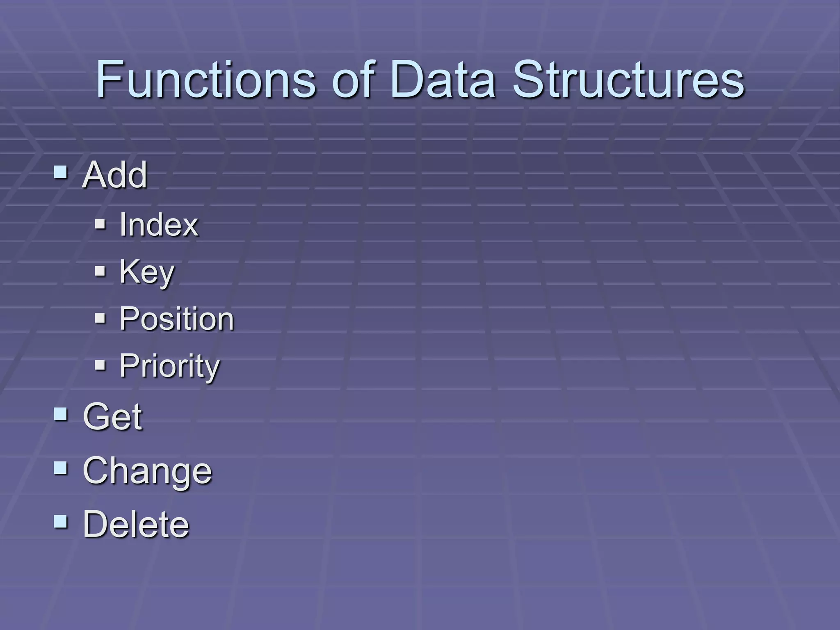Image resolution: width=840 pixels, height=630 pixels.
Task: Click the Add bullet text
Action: pos(114,175)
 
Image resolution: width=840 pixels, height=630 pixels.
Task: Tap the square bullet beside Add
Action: pos(60,172)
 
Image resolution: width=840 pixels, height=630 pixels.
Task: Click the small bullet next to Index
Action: pos(100,224)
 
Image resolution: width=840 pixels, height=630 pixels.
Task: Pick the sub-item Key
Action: pos(147,272)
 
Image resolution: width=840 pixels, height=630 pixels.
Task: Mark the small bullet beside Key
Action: pos(100,271)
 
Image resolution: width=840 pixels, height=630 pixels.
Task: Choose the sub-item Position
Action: pos(176,319)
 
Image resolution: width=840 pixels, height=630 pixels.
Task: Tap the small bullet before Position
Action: pos(100,318)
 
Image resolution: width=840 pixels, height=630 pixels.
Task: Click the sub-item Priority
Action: pos(169,366)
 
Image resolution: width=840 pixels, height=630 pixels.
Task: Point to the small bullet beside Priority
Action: pos(100,365)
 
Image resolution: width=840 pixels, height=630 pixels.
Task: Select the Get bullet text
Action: pos(112,417)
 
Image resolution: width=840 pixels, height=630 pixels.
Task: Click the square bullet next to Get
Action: pos(60,414)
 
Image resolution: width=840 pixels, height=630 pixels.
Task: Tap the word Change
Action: pos(147,471)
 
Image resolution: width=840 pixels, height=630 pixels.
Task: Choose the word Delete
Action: pos(136,524)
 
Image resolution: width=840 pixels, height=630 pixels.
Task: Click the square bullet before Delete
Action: pos(60,521)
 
